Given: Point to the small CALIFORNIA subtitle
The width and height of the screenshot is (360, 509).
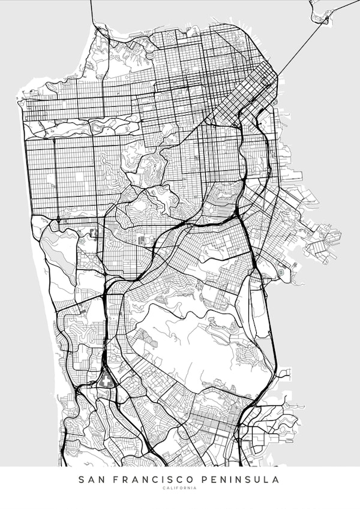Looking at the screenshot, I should (x=179, y=489).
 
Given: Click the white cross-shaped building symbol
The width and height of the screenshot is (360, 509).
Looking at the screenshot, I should (x=107, y=380).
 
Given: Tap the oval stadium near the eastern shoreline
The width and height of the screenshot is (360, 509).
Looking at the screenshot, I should (x=281, y=272).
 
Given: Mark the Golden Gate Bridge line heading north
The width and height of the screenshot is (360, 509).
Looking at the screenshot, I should (x=91, y=12).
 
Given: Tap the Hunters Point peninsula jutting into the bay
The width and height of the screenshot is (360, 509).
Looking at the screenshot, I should (x=324, y=237).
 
